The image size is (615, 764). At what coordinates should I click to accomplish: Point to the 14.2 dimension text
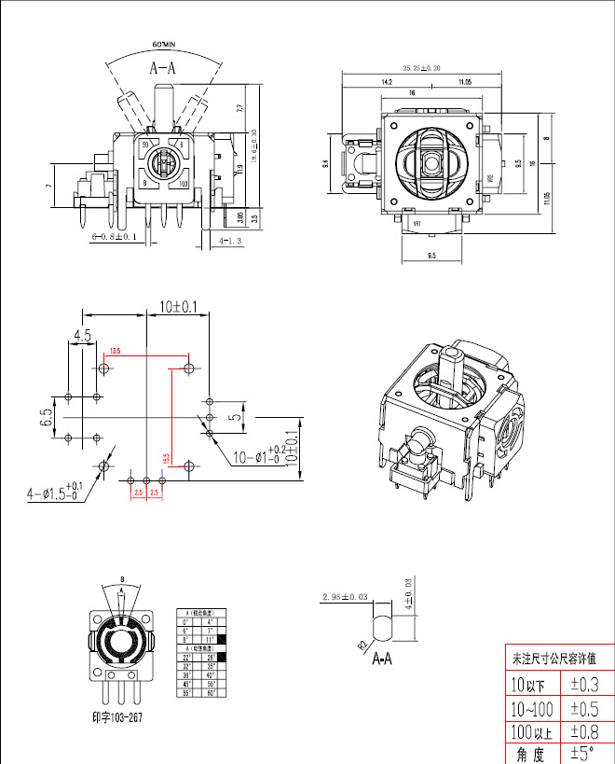[x=386, y=83]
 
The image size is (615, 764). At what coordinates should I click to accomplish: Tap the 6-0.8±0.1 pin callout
[x=115, y=238]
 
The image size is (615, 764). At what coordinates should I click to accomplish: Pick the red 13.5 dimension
[x=116, y=351]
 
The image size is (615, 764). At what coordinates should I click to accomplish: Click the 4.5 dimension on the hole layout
[x=82, y=336]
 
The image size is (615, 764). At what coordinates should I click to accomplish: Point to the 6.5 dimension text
[x=46, y=416]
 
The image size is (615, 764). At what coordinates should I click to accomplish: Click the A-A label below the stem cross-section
[x=384, y=659]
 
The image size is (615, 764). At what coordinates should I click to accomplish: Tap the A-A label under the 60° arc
[x=164, y=66]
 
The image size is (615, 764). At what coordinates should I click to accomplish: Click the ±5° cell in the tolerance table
[x=585, y=753]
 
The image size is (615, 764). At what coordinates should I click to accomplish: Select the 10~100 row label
[x=531, y=707]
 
